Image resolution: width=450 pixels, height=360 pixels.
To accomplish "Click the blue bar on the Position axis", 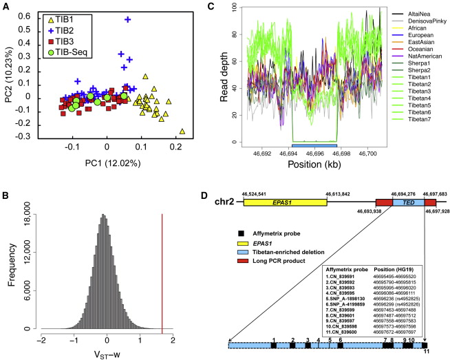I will pyautogui.click(x=314, y=146).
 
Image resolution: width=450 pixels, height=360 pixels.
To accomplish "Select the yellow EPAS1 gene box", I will pyautogui.click(x=285, y=204).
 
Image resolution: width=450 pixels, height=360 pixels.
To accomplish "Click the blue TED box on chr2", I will pyautogui.click(x=407, y=204).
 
